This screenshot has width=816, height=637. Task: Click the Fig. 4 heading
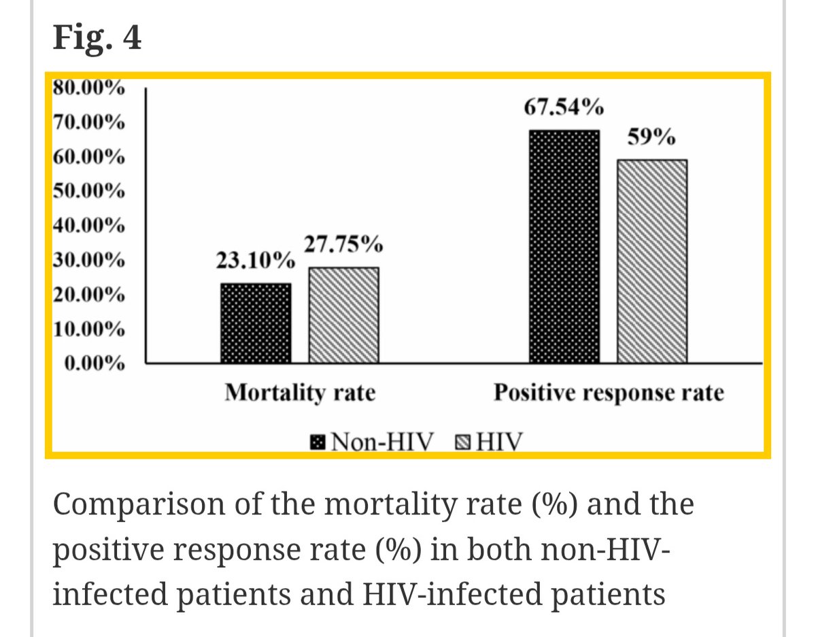coord(97,38)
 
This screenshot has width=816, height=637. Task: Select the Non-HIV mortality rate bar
coord(256,323)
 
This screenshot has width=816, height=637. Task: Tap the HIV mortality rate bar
coord(344,314)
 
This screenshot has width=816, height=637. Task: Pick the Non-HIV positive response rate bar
coord(564,246)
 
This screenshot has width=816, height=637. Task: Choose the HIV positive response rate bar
coord(652,261)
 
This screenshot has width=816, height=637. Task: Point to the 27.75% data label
coord(343,244)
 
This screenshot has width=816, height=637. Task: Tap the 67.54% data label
coord(563,108)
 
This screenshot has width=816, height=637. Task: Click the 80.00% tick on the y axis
coord(88,88)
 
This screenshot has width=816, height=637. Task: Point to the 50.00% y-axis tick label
coord(88,191)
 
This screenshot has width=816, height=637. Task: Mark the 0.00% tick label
coord(94,364)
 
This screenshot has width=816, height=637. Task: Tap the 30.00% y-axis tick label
coord(88,261)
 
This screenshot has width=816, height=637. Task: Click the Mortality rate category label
coord(300,393)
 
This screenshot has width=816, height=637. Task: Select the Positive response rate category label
coord(608,393)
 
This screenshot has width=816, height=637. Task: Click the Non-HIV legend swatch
coord(318,443)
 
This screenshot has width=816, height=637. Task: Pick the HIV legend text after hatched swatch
coord(500,443)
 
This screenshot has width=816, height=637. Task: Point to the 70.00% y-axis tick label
coord(88,123)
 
